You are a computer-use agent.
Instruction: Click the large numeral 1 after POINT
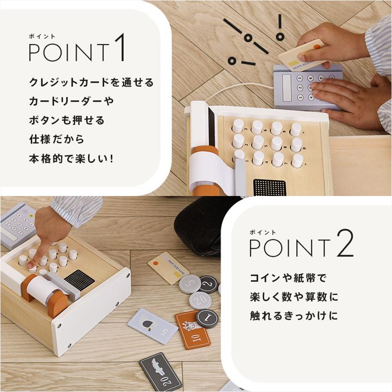120,48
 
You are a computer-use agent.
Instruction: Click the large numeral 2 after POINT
345,244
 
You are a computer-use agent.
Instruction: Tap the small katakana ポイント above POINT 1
42,36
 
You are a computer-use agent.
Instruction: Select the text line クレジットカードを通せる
91,82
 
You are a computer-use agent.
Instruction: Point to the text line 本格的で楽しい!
71,159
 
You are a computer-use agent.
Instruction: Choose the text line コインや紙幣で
288,278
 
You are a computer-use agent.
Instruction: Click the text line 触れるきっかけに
294,316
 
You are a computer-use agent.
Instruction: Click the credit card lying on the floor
166,268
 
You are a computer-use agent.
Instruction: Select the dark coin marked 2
208,284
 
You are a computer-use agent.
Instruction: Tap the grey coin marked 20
200,300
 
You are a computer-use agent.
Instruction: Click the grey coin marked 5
190,284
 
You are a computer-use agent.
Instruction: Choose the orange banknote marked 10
193,329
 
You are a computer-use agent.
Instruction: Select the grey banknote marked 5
153,326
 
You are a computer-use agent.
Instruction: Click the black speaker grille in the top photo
269,187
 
